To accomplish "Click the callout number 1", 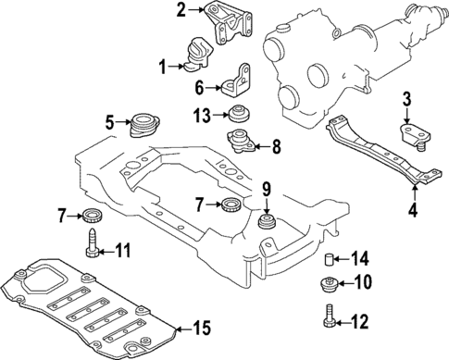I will pos(162,66).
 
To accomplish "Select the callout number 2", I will pos(181,11).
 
